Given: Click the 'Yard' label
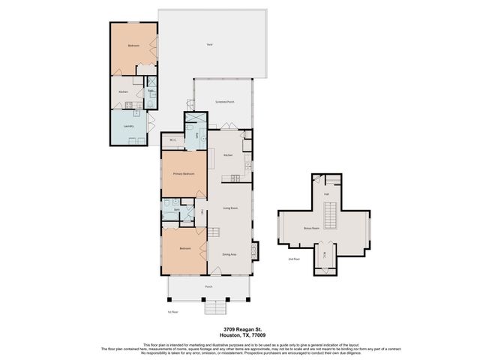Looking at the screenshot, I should [209, 45].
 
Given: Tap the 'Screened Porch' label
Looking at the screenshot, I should [225, 101].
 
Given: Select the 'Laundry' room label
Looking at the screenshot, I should [128, 126].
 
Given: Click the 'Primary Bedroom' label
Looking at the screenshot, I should [184, 174].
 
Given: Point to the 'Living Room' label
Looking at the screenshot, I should [230, 208].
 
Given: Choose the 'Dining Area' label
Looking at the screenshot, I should [229, 254].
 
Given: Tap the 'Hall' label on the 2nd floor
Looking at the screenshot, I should [327, 194].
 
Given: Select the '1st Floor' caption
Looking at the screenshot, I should [172, 311].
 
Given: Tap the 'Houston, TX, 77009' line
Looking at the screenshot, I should [239, 335].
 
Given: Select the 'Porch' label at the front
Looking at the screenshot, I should [209, 286].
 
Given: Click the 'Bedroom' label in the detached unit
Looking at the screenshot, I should [133, 46].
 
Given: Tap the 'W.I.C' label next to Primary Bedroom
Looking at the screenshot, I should [172, 140].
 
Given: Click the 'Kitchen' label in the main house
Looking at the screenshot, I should [228, 155].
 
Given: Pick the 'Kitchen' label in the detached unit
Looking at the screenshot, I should [123, 92].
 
